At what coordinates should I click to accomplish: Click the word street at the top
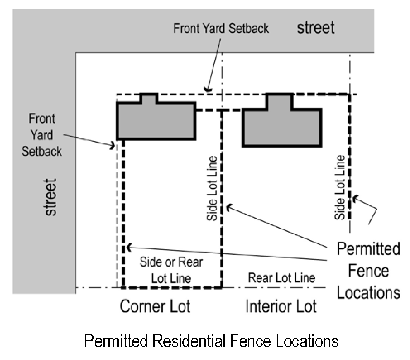[x=315, y=28]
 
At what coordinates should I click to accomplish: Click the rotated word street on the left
[x=50, y=197]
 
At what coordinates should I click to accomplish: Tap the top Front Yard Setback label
[x=221, y=29]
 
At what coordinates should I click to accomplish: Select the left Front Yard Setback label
[x=42, y=135]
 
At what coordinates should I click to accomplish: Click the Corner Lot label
[x=155, y=307]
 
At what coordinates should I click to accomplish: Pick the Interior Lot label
[x=281, y=307]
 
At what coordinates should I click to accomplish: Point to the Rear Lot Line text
[x=281, y=278]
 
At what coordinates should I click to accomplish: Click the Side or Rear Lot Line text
[x=171, y=270]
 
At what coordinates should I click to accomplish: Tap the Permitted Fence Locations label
[x=368, y=271]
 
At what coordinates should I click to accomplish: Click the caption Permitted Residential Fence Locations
[x=211, y=341]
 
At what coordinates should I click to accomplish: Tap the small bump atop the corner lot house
[x=149, y=98]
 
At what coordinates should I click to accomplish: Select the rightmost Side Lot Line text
[x=340, y=187]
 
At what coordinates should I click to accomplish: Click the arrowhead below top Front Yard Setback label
[x=208, y=88]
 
